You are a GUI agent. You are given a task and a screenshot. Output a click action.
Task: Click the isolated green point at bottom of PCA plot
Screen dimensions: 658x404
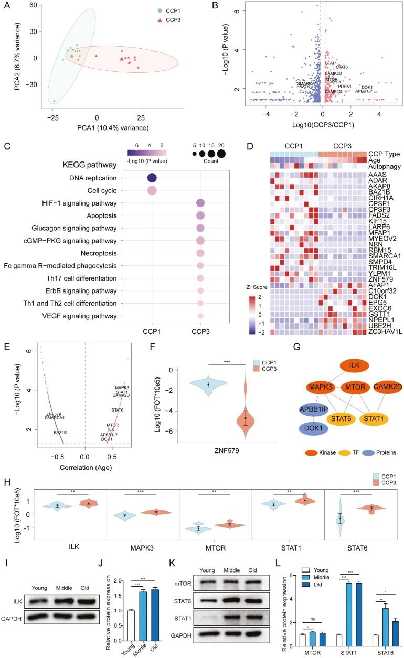pos(54,101)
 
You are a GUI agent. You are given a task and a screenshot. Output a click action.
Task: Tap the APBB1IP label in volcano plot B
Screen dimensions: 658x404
pos(364,91)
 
